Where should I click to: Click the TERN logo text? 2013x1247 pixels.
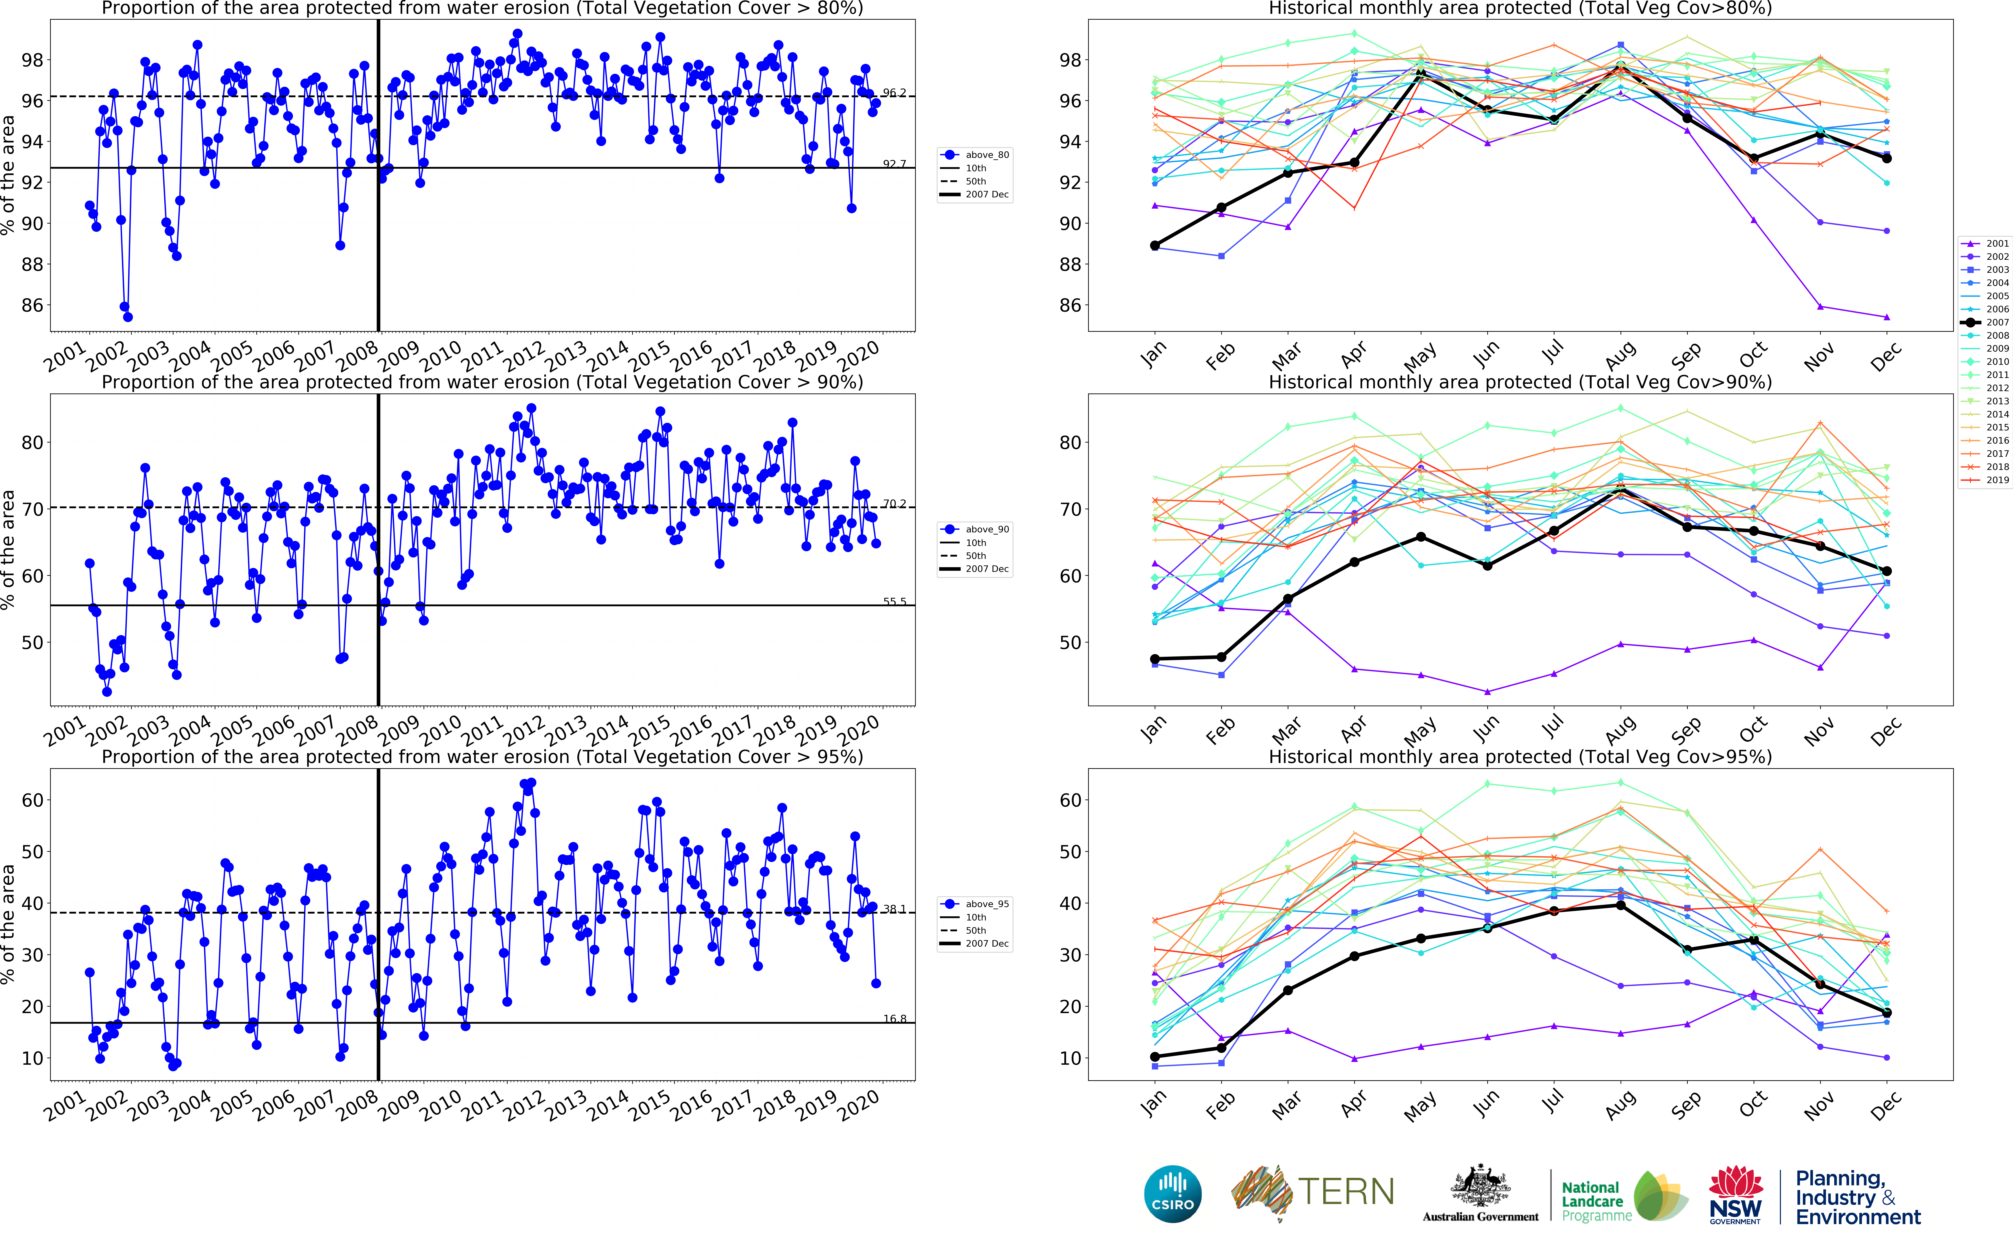click(1346, 1192)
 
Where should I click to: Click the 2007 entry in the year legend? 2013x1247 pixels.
click(1997, 322)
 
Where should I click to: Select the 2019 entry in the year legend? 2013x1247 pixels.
click(1997, 480)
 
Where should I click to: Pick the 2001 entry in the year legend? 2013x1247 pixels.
click(1997, 243)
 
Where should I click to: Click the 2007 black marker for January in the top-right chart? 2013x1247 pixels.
click(1154, 246)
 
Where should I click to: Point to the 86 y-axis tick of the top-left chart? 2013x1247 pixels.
click(32, 305)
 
